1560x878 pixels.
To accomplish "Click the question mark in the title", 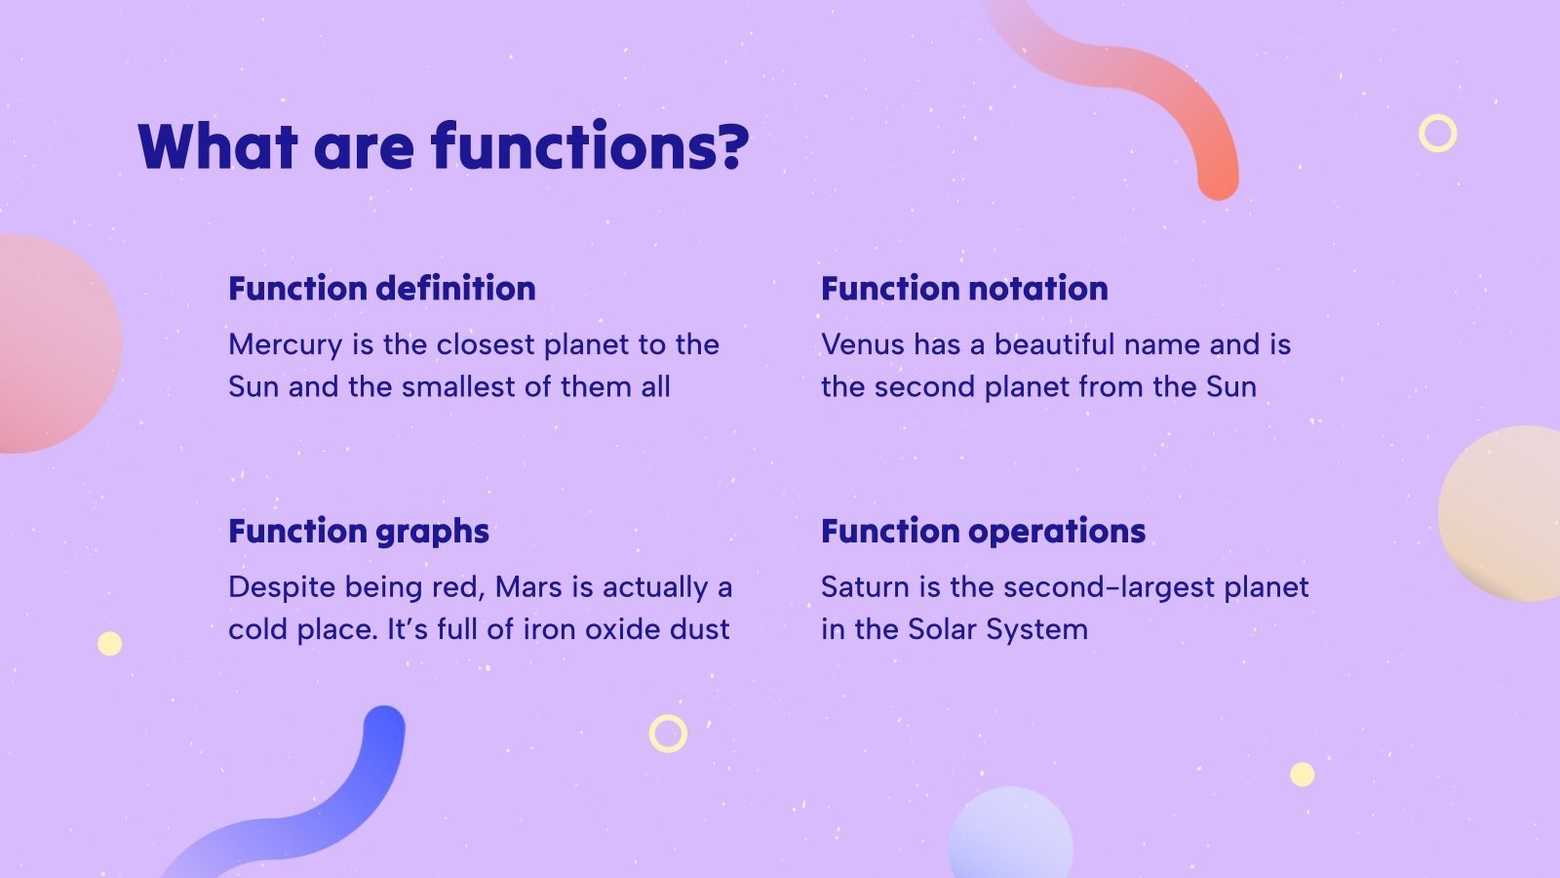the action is [x=732, y=145].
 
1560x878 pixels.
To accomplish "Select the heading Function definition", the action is [x=382, y=289].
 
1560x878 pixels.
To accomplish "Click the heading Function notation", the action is [x=964, y=289].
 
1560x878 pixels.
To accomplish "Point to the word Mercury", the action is [x=286, y=345].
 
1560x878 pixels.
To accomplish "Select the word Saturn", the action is [x=865, y=587].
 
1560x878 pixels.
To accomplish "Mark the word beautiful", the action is [x=1054, y=344].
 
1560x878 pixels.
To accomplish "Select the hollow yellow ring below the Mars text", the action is [x=668, y=716].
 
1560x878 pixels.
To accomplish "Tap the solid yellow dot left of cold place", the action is [x=109, y=644].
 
